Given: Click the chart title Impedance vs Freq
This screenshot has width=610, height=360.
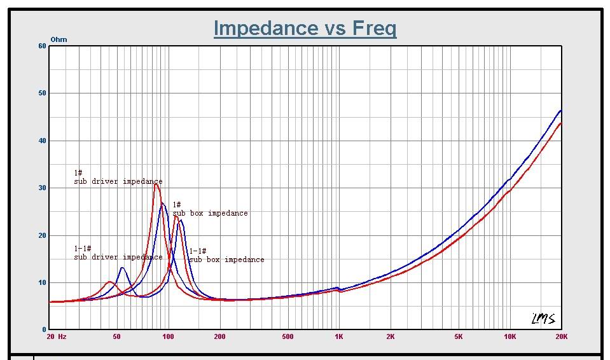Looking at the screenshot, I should coord(305,28).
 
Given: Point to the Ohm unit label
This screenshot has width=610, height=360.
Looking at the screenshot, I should coord(59,39).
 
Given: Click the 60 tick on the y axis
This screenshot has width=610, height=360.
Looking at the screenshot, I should coord(42,46).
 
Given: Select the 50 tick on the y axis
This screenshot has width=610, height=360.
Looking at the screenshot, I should coord(42,93).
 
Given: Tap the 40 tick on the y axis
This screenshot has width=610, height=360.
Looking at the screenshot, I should coord(42,141).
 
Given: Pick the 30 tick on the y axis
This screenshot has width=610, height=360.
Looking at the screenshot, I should coord(42,188).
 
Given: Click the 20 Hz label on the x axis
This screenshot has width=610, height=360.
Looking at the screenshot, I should coord(57,336).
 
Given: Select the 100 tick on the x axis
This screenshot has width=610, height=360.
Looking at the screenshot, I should coord(168,336).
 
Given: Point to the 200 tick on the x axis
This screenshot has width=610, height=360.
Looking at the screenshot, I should coord(219,336).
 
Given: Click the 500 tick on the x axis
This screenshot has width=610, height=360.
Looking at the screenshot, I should coord(288,336).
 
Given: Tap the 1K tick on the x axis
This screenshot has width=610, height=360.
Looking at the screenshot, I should coord(338,336).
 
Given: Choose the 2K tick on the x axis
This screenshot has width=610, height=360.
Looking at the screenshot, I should coord(390,336).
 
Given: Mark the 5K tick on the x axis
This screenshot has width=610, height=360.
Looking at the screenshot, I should coord(458,336).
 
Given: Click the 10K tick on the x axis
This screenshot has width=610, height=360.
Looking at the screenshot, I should coord(509,336).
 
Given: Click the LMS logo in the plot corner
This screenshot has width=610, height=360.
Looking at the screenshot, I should coord(543,319).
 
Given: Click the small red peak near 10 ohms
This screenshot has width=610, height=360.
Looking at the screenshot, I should coord(109,282).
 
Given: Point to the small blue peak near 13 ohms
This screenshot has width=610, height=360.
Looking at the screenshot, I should coord(122,268).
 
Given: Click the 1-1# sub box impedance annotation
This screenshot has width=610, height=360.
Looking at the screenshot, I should coord(226,256).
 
